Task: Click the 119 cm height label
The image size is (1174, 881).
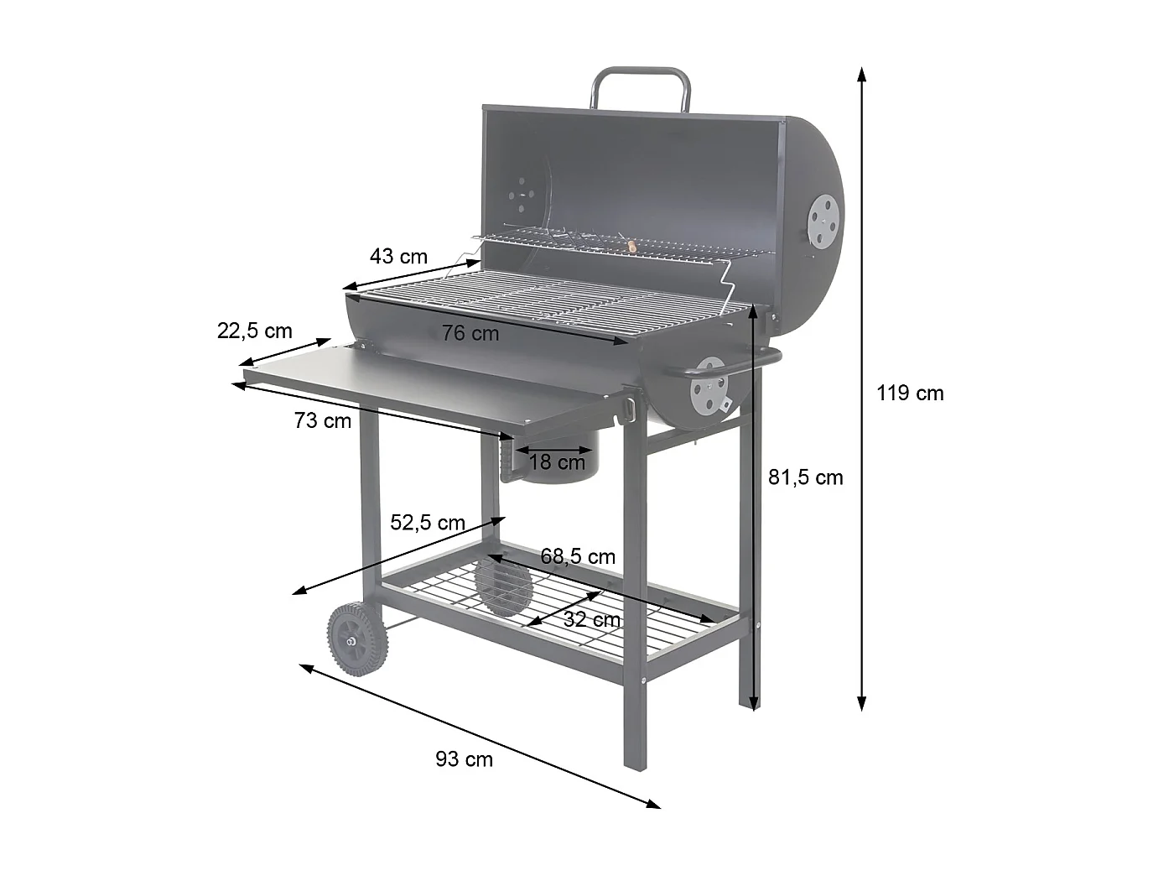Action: point(910,394)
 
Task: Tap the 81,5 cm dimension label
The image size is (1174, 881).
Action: point(806,477)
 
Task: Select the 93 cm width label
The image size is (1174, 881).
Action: point(464,759)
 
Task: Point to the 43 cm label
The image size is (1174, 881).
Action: point(398,256)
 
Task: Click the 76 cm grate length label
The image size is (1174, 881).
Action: point(470,333)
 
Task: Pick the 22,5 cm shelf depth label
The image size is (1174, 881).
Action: point(255,331)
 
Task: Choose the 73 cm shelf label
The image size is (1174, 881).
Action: point(323,420)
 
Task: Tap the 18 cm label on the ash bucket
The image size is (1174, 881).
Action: point(557,462)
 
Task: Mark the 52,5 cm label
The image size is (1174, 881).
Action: point(428,523)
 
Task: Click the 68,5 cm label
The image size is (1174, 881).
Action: point(578,557)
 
